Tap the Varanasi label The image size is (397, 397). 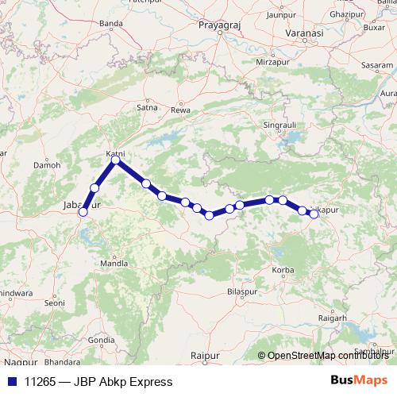[306, 35]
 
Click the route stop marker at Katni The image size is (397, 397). [116, 160]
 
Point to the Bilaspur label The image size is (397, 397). [243, 293]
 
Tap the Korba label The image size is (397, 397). [283, 272]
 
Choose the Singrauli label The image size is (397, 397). [279, 125]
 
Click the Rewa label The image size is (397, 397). [182, 109]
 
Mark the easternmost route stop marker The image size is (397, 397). [314, 213]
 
